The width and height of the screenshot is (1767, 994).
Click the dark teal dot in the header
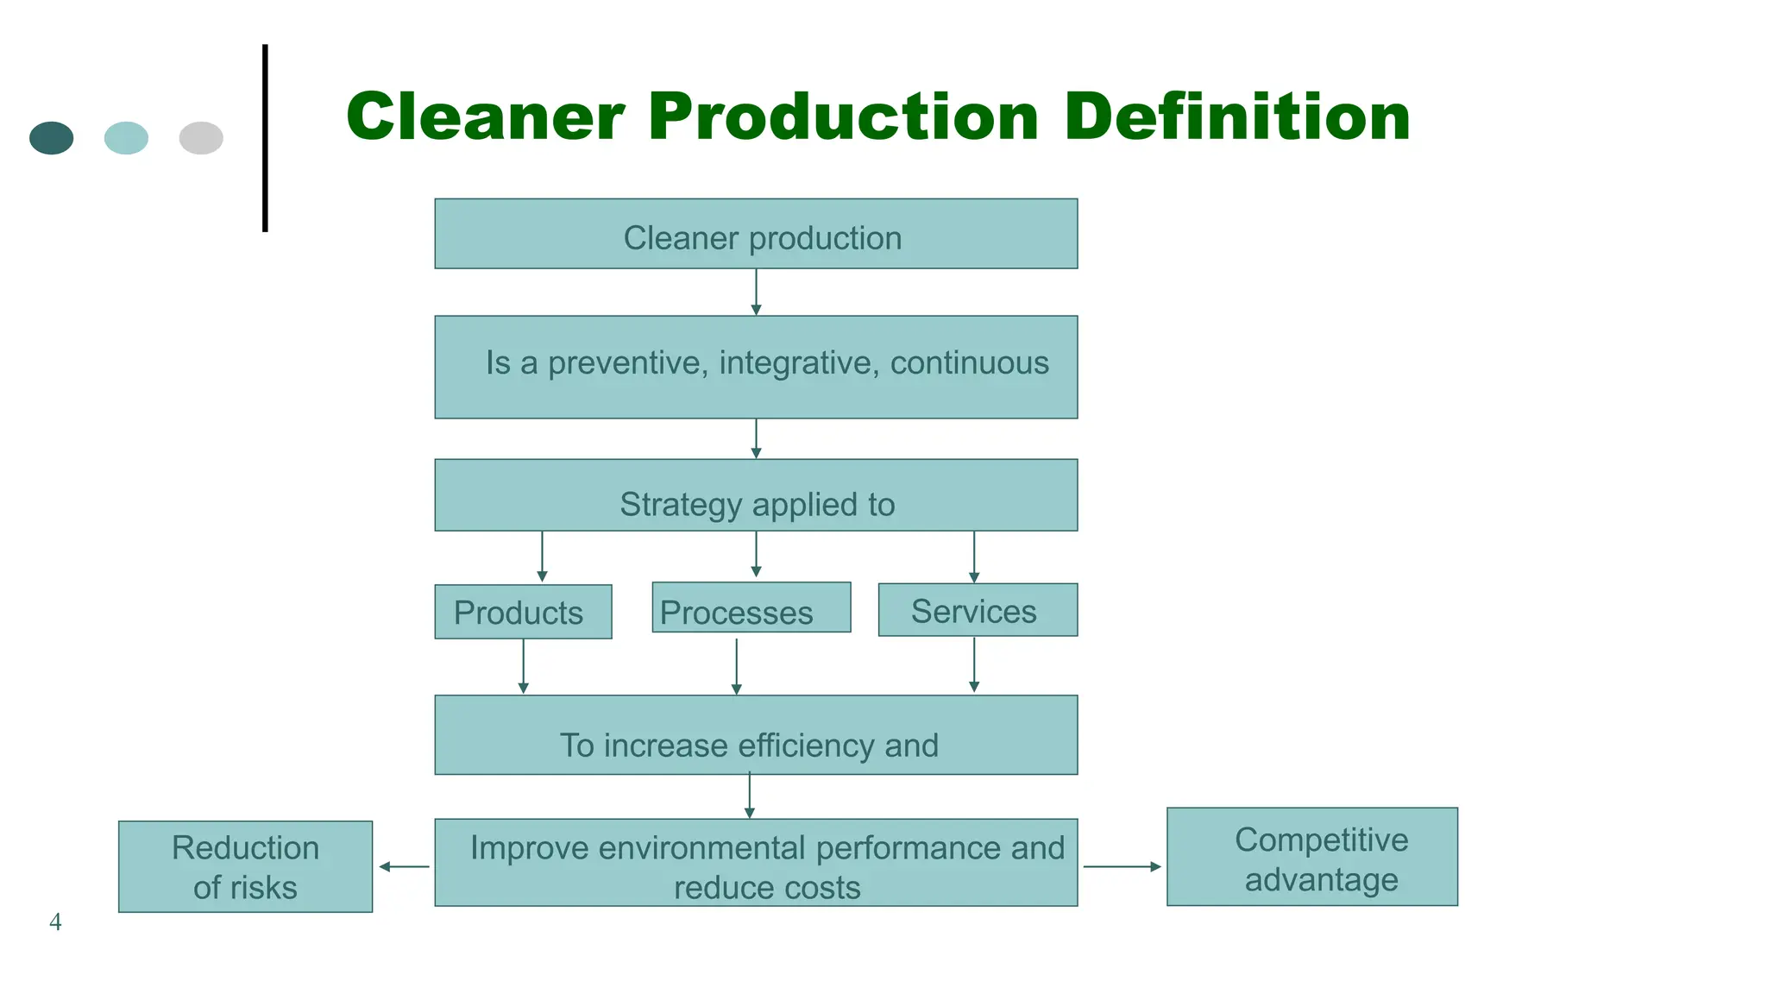click(52, 138)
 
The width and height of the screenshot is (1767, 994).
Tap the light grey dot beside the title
click(201, 138)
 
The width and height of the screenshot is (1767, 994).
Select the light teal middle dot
click(126, 138)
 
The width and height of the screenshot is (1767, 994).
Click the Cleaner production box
click(756, 234)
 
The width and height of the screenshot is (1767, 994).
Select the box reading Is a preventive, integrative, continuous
click(756, 367)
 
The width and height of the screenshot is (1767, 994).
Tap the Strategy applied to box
click(756, 495)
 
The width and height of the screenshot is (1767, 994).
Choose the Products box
click(523, 612)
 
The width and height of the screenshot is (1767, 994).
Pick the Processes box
click(751, 608)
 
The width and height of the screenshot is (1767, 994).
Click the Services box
click(978, 610)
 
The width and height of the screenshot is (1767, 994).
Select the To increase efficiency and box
click(756, 735)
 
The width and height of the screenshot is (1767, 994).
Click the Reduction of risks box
click(245, 866)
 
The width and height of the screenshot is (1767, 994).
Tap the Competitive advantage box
click(1311, 857)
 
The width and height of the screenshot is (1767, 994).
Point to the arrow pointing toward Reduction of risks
click(404, 866)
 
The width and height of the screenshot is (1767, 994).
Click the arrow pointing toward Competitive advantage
click(1122, 866)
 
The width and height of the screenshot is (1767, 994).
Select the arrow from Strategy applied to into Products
click(542, 557)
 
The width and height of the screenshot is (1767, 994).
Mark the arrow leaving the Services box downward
click(974, 664)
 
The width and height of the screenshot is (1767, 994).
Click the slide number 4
click(55, 922)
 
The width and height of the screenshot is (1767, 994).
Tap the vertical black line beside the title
click(265, 138)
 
